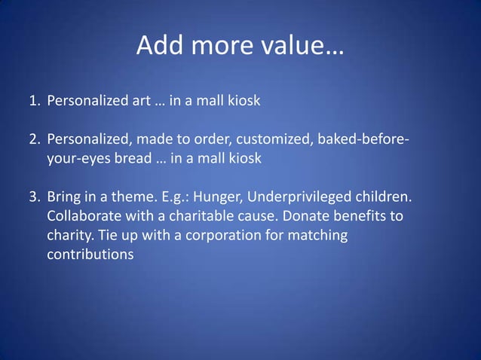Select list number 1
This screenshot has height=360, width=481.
(x=35, y=100)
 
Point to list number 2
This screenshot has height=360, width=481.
(x=35, y=139)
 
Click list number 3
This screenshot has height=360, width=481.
(x=35, y=197)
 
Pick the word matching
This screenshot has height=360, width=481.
(x=316, y=236)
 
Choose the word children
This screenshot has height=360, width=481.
(x=383, y=197)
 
